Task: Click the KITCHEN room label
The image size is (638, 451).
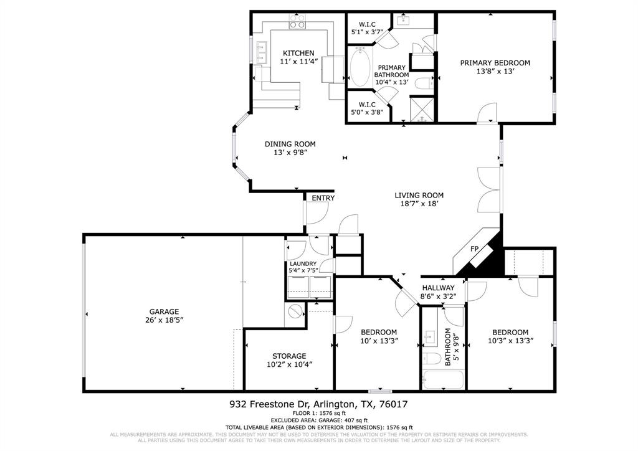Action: click(x=298, y=53)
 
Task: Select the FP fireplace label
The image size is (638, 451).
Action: click(x=474, y=249)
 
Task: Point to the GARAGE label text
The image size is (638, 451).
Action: click(x=164, y=311)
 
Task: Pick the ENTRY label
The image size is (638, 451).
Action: click(x=323, y=198)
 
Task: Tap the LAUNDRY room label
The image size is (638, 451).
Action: click(x=303, y=263)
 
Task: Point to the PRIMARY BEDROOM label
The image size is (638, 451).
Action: click(x=495, y=62)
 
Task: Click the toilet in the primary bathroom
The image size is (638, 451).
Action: click(x=424, y=83)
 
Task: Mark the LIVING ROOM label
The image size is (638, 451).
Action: click(x=419, y=195)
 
